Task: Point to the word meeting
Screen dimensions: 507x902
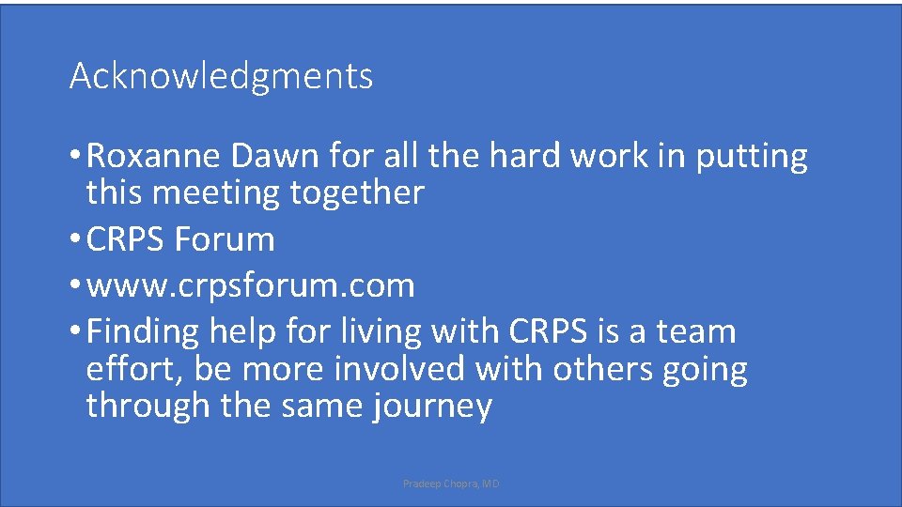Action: pos(216,193)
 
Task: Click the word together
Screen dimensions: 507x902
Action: pos(357,193)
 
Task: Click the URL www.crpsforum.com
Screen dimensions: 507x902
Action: pos(250,285)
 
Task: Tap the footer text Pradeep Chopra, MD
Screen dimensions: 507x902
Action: pos(451,484)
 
